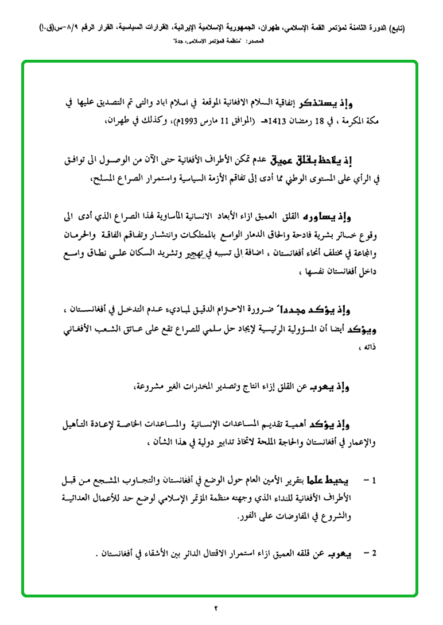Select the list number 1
[x=373, y=479]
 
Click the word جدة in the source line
[x=182, y=43]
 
